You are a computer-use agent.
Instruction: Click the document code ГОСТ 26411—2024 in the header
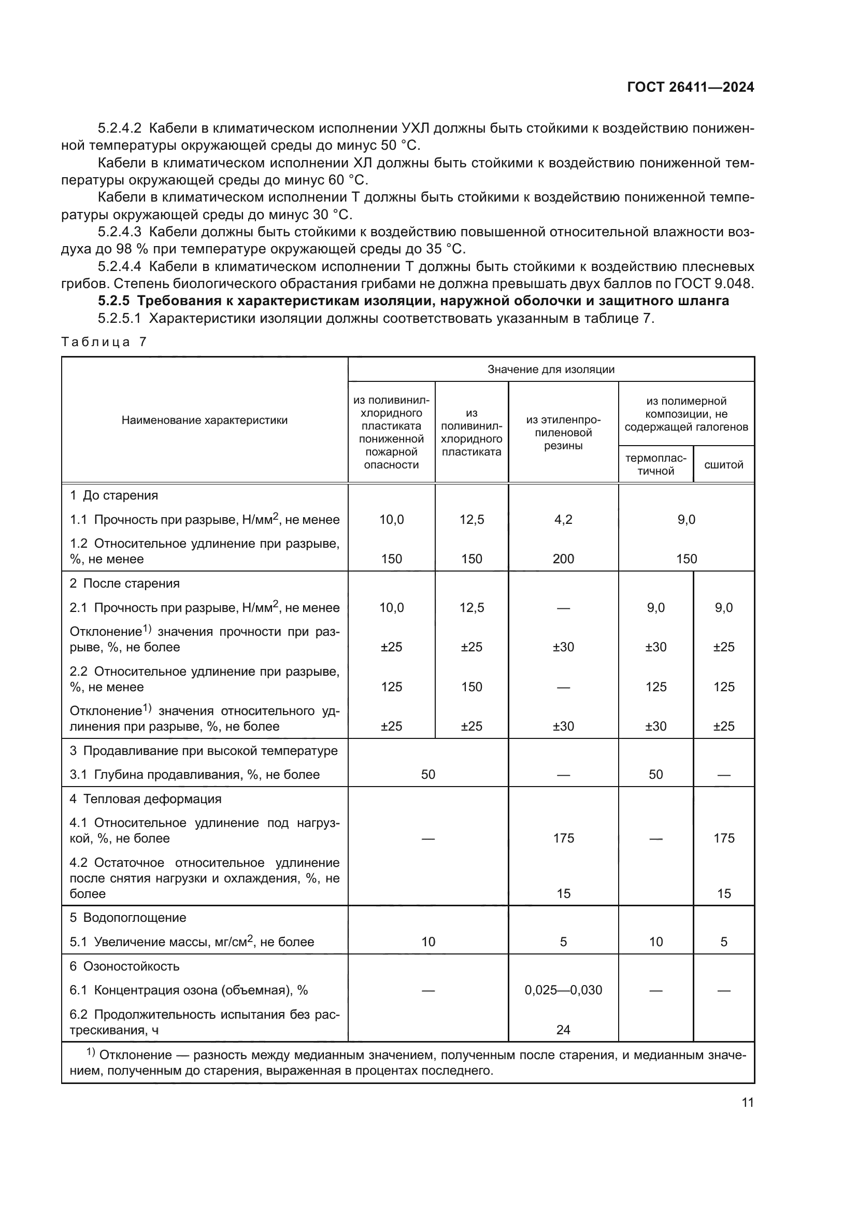(x=690, y=88)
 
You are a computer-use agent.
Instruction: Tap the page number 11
(x=747, y=1103)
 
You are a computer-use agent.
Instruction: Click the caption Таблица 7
(x=104, y=342)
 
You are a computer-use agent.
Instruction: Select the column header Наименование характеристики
(x=204, y=420)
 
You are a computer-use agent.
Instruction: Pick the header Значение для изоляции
(x=550, y=369)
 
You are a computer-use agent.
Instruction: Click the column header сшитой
(x=723, y=464)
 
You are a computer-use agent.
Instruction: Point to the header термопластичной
(x=655, y=464)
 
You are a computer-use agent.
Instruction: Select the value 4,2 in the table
(x=563, y=519)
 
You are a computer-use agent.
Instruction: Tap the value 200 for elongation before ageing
(x=563, y=559)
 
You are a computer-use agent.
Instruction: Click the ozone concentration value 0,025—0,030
(x=563, y=990)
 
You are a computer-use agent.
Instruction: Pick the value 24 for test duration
(x=563, y=1030)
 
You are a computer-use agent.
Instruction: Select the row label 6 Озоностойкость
(x=124, y=966)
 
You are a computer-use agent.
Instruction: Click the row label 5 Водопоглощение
(x=127, y=918)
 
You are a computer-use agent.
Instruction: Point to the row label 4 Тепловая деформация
(x=145, y=799)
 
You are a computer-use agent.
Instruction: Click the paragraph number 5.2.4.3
(x=119, y=232)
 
